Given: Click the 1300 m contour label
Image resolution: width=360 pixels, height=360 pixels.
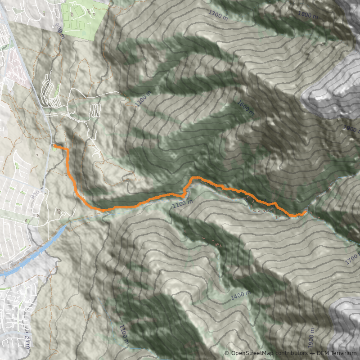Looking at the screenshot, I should pyautogui.click(x=219, y=14).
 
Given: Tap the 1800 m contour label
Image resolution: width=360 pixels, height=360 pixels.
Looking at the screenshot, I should pyautogui.click(x=308, y=16).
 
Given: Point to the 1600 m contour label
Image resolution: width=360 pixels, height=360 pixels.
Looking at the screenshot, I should pyautogui.click(x=245, y=108).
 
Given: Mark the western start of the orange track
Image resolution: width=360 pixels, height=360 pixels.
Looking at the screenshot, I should pyautogui.click(x=54, y=146).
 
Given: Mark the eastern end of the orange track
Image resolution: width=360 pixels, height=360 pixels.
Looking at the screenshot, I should pyautogui.click(x=306, y=211).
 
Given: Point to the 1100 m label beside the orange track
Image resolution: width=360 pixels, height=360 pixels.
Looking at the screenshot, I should pyautogui.click(x=182, y=204).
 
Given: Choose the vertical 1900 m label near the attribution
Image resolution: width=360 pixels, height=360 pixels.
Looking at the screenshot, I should pyautogui.click(x=310, y=343).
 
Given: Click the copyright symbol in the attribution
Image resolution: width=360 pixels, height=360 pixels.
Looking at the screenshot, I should pyautogui.click(x=227, y=353).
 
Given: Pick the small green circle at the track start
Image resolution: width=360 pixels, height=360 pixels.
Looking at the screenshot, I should pyautogui.click(x=55, y=149).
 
